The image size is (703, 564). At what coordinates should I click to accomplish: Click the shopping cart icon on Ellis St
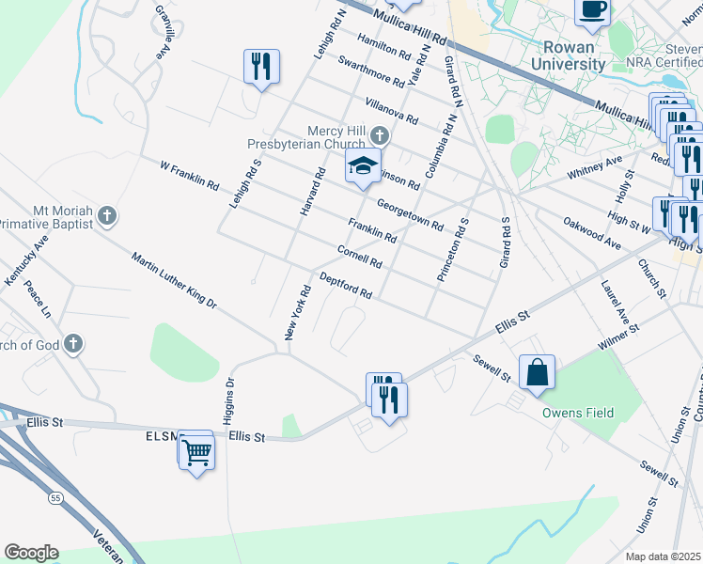(x=196, y=452)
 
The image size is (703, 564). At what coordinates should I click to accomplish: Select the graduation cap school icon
(x=363, y=166)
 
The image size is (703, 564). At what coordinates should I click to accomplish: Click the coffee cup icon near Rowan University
(x=592, y=10)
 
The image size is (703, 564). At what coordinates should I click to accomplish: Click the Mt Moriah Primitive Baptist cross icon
(x=106, y=216)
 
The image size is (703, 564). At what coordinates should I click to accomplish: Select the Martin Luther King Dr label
(x=174, y=281)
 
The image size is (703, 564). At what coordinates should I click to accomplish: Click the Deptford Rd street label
(x=346, y=287)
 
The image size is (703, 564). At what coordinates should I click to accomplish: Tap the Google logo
(x=31, y=553)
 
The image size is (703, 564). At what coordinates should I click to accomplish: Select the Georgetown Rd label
(x=410, y=213)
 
